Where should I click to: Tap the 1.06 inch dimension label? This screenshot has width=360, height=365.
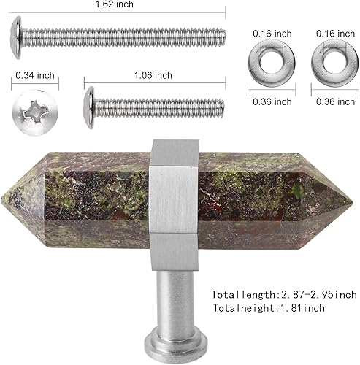pyautogui.click(x=154, y=74)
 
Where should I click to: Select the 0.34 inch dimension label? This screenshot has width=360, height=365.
pyautogui.click(x=34, y=74)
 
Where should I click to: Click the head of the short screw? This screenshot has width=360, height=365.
pyautogui.click(x=90, y=107)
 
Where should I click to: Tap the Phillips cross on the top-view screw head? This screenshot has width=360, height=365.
pyautogui.click(x=34, y=112)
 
